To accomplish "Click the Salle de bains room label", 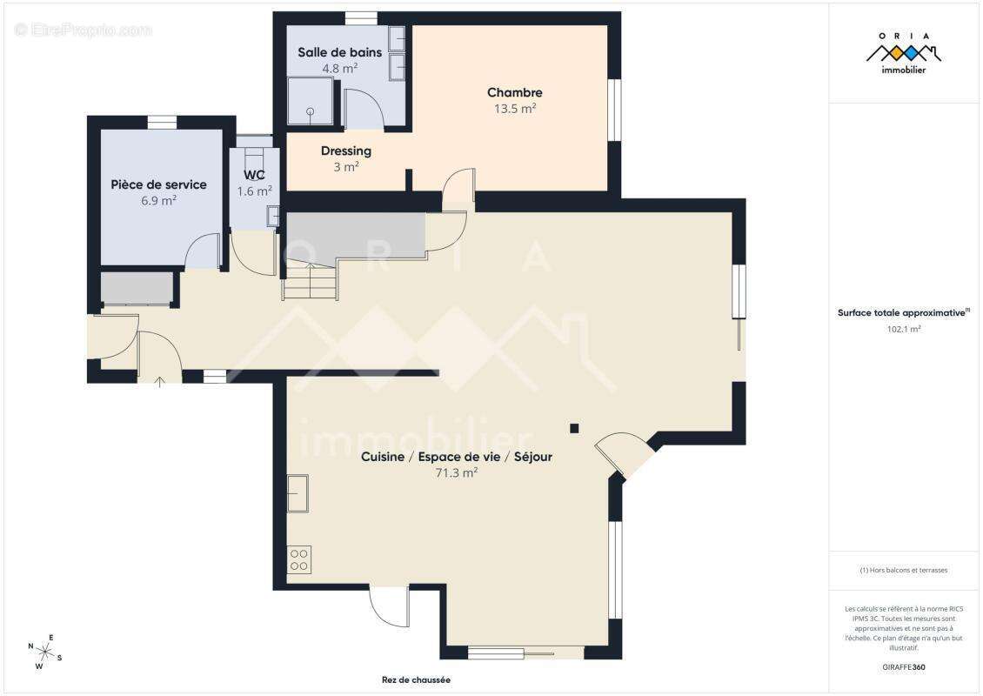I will pos(339,52).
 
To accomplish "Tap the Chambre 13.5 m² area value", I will pos(515,110).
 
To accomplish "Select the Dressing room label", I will pos(345,151).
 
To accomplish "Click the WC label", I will pos(254,174).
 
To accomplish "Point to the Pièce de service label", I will pos(158,184).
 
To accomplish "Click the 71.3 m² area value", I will pos(457,473).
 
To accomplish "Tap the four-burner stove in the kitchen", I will pos(298,559).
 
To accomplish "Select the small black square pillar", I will pos(574,427).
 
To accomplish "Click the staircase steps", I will pos(309,283).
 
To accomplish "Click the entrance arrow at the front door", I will pos(159,381).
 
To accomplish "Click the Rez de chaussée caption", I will pos(415,680).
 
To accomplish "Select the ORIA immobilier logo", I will pos(904,52).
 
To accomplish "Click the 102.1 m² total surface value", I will pos(904,330).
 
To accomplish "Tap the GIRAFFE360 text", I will pos(904,666).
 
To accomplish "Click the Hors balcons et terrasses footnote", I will pos(904,571).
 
